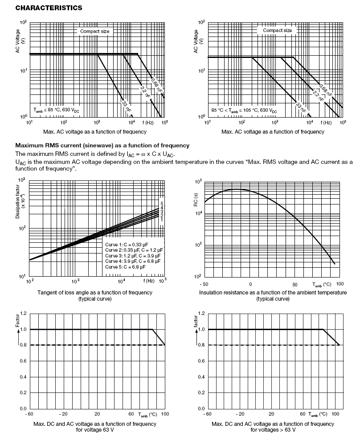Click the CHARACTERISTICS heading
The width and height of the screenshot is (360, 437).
pos(42,8)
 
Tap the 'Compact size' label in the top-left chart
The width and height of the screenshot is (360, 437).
pos(94,31)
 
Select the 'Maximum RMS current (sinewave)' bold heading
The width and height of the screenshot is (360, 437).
pos(102,146)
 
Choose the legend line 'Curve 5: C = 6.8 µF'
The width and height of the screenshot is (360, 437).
pos(125,267)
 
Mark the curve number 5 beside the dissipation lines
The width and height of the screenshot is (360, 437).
pos(162,204)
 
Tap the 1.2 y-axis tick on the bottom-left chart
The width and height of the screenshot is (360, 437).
pos(24,314)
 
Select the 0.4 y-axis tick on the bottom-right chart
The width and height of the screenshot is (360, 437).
pos(201,377)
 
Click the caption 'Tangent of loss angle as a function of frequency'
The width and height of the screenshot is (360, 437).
pos(95,292)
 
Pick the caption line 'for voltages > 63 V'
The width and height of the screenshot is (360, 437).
pos(273,430)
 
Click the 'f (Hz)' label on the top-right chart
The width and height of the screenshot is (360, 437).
pos(327,122)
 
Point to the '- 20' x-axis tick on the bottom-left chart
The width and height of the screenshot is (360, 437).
pos(63,414)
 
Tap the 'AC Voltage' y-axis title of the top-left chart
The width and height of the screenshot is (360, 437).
pos(18,42)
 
